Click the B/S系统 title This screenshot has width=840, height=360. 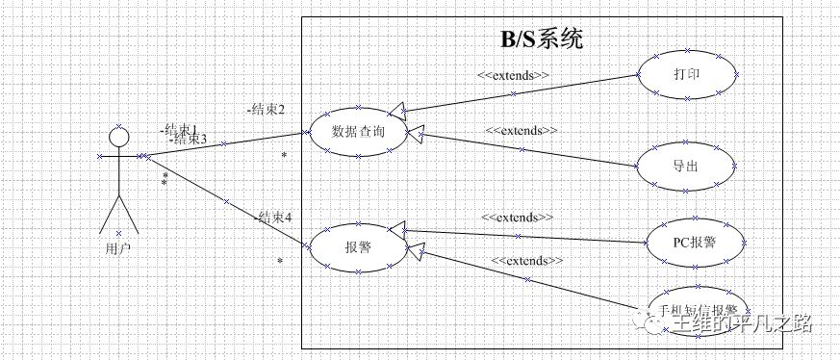point(541,39)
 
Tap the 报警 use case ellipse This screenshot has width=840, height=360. point(358,245)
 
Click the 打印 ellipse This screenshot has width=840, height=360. point(687,74)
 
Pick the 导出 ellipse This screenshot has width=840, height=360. point(686,165)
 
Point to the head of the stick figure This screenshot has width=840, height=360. point(118,139)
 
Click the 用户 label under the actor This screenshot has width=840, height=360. point(118,247)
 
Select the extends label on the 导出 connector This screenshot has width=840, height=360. point(522,130)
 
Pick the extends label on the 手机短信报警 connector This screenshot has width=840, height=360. point(527,261)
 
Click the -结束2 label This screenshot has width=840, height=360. point(266,110)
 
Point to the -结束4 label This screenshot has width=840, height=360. point(273,218)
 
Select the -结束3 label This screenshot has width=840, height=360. point(188,140)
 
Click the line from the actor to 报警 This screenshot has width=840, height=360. point(226,201)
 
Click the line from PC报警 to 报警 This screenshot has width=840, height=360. point(524,235)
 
